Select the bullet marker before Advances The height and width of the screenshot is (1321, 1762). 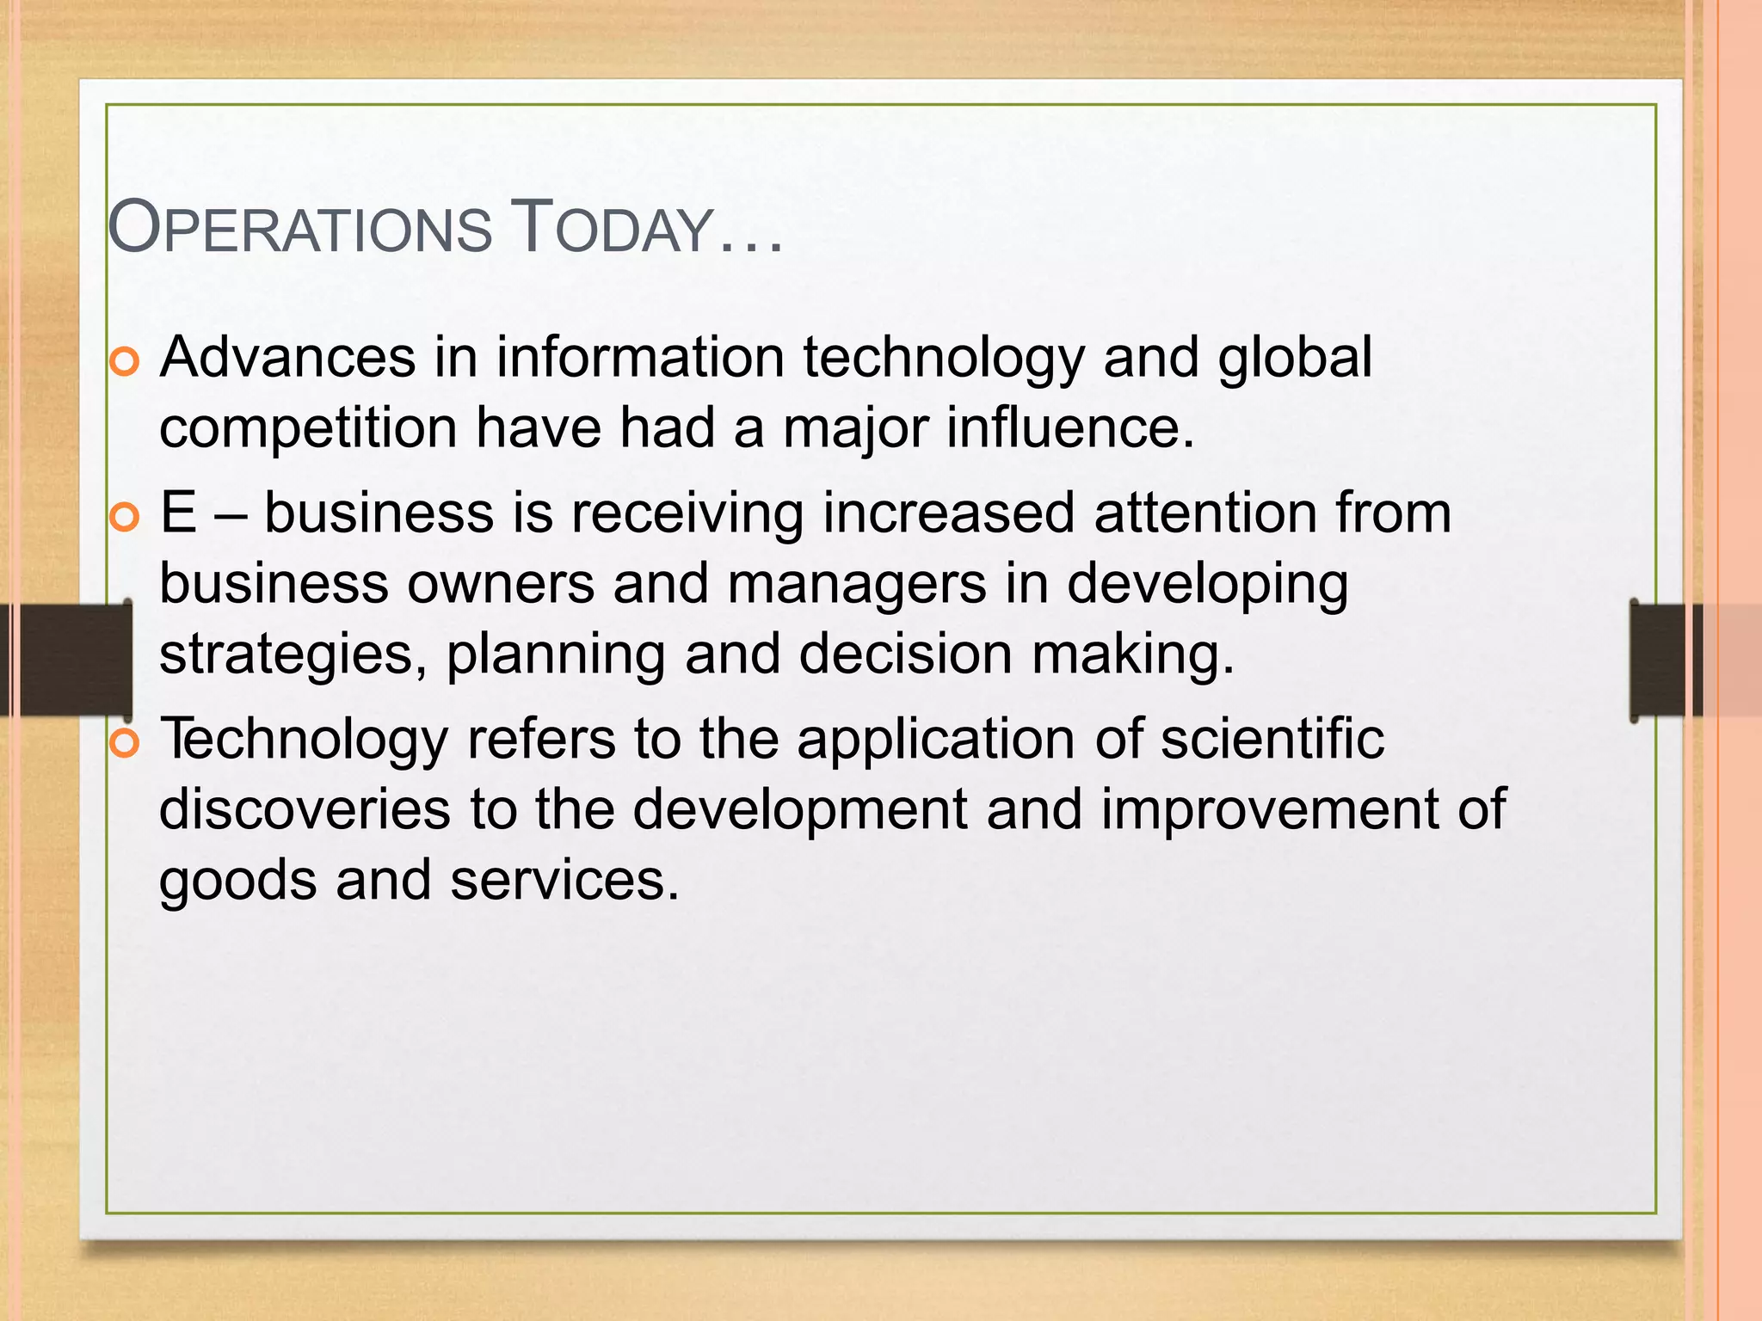pyautogui.click(x=125, y=362)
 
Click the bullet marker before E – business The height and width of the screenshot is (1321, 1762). pyautogui.click(x=125, y=518)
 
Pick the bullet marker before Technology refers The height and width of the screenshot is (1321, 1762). pyautogui.click(x=125, y=744)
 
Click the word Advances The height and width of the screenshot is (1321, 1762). pyautogui.click(x=287, y=357)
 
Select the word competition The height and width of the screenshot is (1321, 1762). pyautogui.click(x=308, y=428)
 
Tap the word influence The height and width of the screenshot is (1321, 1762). pyautogui.click(x=1069, y=427)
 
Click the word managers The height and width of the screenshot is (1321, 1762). pyautogui.click(x=856, y=584)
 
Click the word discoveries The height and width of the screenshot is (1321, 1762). pyautogui.click(x=305, y=809)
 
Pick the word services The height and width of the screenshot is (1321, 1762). pyautogui.click(x=564, y=881)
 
